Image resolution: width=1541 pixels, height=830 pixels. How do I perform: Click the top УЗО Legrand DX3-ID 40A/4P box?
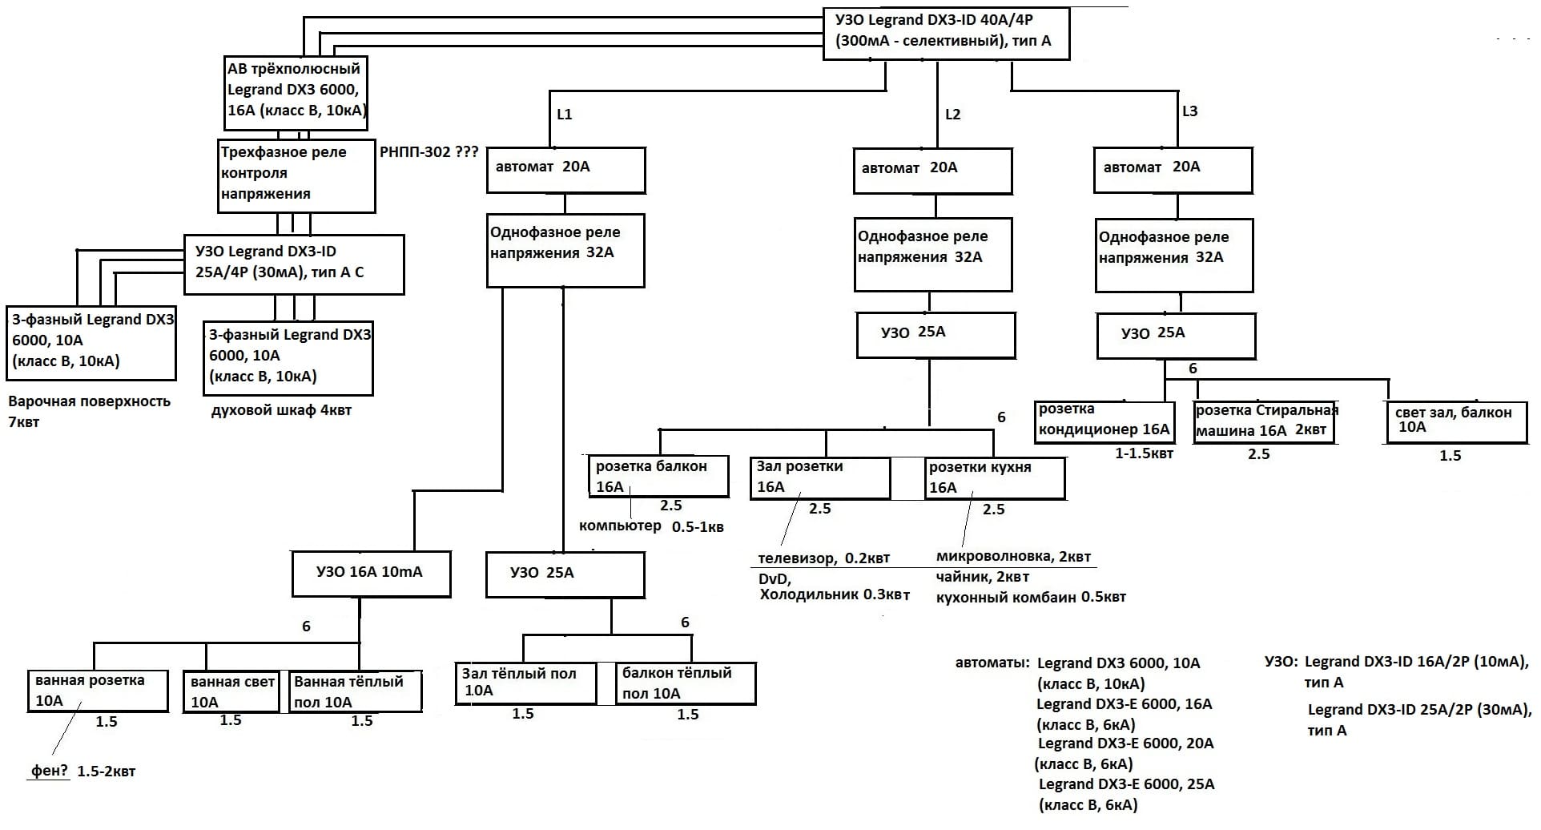tap(946, 33)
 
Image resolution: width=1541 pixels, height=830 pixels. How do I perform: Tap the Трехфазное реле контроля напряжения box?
tap(296, 175)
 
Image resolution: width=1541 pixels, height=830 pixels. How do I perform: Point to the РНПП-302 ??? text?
tap(429, 152)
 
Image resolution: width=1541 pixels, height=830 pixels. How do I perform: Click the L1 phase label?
tap(564, 115)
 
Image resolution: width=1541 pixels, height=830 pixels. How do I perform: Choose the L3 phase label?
tap(1189, 111)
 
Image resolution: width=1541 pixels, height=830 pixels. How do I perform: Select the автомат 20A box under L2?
tap(932, 170)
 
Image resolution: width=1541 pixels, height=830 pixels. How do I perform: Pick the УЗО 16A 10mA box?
tap(371, 574)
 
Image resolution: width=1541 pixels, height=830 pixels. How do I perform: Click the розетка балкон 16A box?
tap(659, 477)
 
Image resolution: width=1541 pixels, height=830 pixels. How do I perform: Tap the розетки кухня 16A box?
tap(994, 477)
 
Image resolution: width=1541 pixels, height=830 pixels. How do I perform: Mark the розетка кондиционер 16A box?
tap(1104, 421)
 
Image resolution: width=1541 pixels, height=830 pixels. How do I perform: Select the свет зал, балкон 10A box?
tap(1455, 422)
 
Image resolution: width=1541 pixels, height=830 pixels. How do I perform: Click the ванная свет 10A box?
tap(231, 691)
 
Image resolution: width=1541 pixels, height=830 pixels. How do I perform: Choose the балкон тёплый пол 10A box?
tap(685, 683)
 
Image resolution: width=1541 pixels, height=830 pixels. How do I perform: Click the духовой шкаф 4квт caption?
tap(281, 411)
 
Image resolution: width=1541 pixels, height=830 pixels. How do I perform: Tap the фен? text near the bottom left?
tap(49, 772)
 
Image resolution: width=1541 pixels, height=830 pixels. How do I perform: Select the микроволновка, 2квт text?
tap(1013, 557)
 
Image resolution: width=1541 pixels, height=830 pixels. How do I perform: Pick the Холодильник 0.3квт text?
tap(834, 595)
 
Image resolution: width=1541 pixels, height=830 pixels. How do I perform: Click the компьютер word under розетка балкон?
tap(620, 526)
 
